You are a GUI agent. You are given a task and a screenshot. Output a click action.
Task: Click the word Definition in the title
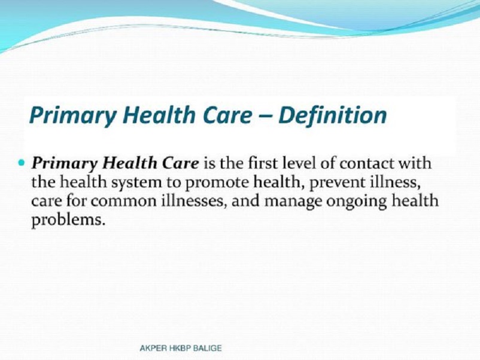coord(332,115)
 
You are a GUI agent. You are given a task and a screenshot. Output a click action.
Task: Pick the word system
coord(136,183)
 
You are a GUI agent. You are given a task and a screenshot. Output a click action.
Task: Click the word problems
coord(68,221)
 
